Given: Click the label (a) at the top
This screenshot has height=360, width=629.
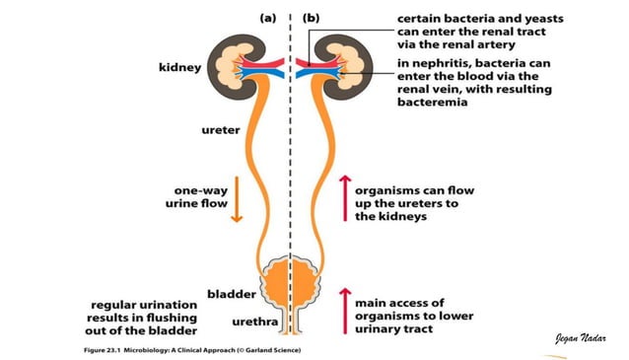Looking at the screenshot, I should click(x=266, y=17).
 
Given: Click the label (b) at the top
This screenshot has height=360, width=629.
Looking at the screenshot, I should click(x=312, y=17).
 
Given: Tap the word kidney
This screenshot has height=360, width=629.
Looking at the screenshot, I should click(x=179, y=68).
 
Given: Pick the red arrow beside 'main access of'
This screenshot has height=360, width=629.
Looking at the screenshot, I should click(x=343, y=311).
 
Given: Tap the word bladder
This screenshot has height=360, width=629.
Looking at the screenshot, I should click(x=232, y=294).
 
